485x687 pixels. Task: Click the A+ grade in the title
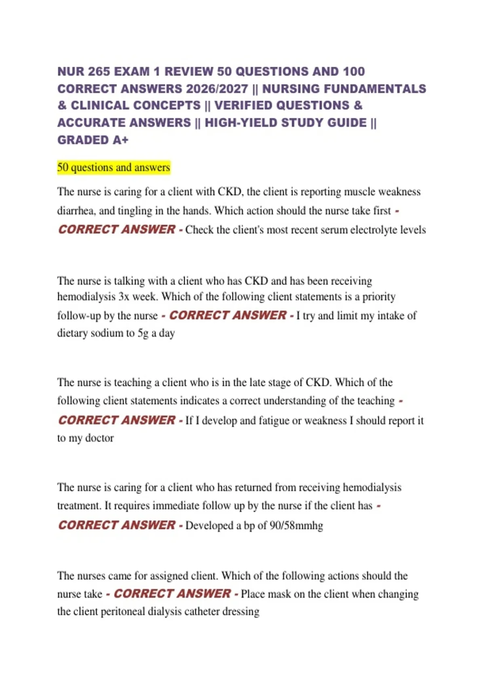(x=120, y=140)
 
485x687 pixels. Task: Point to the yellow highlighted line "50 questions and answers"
(x=114, y=167)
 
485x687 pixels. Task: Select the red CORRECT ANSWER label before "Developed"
(x=117, y=525)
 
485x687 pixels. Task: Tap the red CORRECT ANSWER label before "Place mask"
(x=172, y=594)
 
